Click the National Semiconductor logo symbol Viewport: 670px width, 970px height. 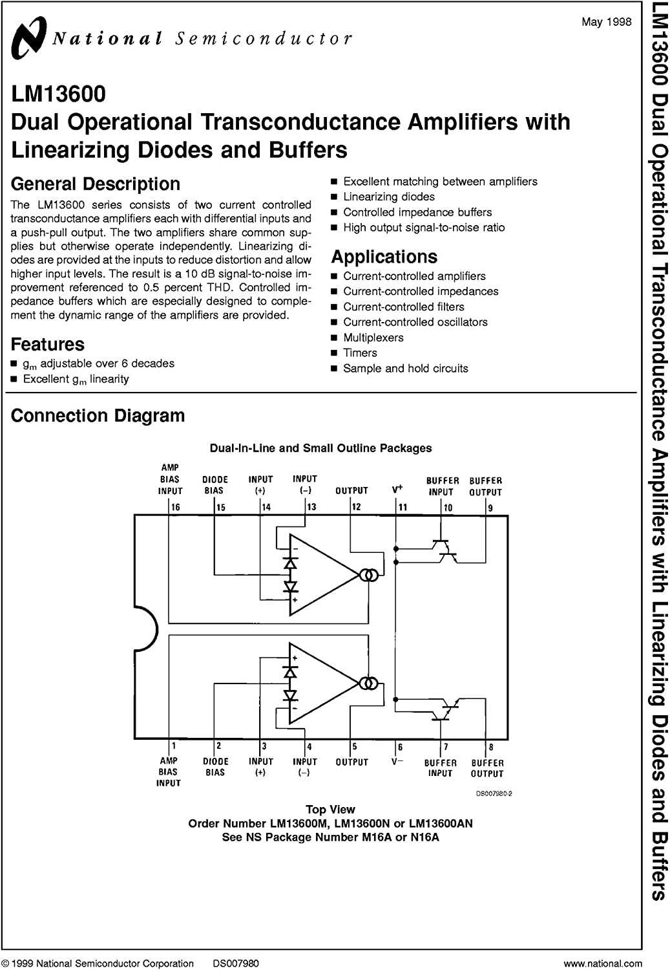point(28,37)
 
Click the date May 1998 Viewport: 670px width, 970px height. point(606,22)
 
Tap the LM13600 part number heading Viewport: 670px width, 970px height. point(58,94)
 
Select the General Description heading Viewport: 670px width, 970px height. point(96,184)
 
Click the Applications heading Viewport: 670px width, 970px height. point(384,257)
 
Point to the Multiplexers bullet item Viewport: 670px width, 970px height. point(373,338)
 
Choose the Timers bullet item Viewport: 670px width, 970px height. point(360,353)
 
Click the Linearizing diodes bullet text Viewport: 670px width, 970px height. point(389,197)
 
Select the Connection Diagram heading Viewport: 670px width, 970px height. point(98,416)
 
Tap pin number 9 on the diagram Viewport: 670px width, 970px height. point(490,508)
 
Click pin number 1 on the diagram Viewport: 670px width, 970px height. point(173,746)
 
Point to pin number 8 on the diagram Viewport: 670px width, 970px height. point(491,747)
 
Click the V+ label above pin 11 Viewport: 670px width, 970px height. point(397,490)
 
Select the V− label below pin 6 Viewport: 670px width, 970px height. point(397,762)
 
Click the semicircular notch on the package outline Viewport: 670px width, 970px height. point(145,627)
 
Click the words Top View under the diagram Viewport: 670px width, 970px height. point(330,810)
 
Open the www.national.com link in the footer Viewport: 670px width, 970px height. point(602,964)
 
